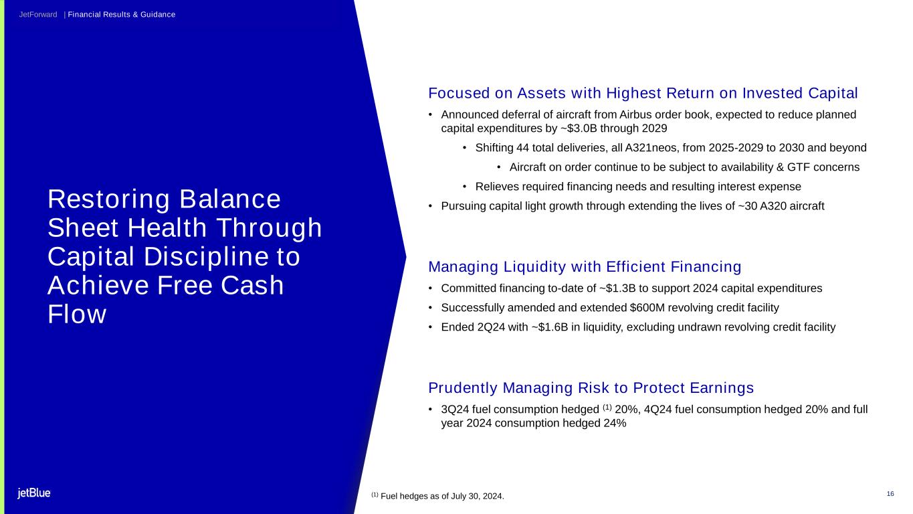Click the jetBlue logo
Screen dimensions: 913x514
tap(34, 493)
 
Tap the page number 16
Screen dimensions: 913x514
tap(890, 494)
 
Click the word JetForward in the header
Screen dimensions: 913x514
tap(38, 15)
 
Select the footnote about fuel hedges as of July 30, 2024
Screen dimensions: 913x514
tap(437, 496)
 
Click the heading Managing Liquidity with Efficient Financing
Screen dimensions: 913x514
tap(585, 267)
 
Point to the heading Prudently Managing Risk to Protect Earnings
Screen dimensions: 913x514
tap(591, 388)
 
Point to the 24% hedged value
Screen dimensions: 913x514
tap(615, 423)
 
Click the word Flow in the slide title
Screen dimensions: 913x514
tap(77, 314)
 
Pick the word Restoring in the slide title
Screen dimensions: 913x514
tap(109, 200)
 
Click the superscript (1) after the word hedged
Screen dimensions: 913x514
tap(607, 407)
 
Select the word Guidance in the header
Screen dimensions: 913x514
tap(158, 15)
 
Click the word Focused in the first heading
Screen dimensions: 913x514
tap(459, 93)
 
